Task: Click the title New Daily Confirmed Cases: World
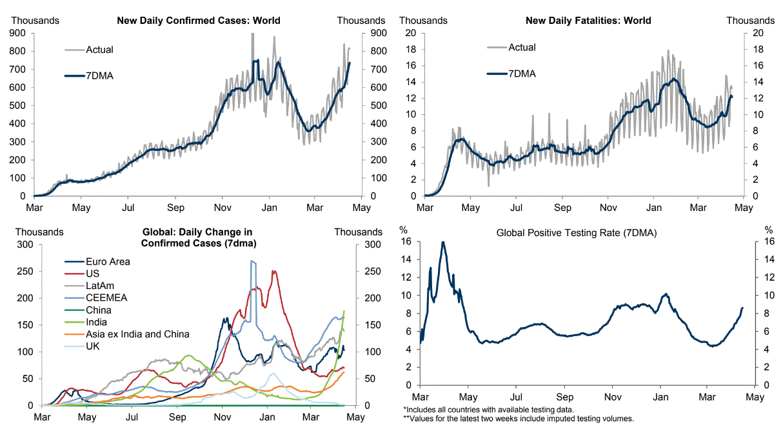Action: [x=198, y=20]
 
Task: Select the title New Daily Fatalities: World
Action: [x=588, y=20]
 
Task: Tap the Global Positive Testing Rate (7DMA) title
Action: [x=577, y=233]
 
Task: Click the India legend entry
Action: [x=96, y=322]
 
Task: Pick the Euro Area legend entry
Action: [x=108, y=261]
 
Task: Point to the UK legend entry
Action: [x=92, y=346]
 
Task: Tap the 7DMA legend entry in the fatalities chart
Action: [x=522, y=74]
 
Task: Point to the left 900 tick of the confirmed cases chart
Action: [x=17, y=33]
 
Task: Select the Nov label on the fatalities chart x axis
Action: [x=608, y=208]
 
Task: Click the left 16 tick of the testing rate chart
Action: [x=406, y=241]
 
